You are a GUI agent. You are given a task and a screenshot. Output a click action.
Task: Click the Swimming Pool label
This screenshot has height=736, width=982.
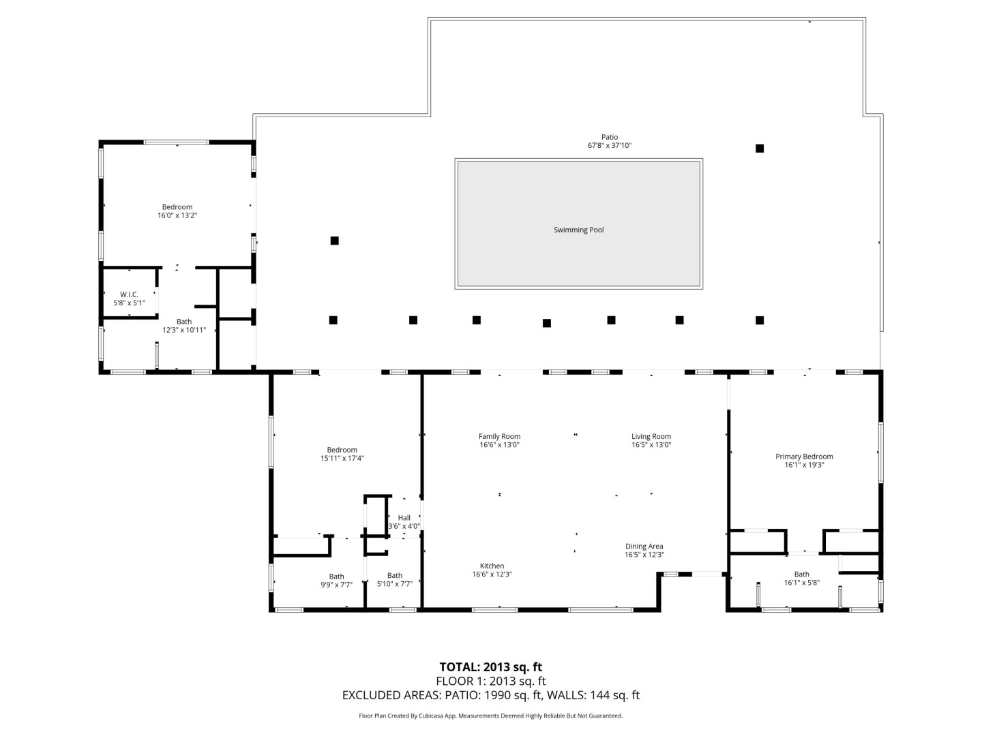point(578,230)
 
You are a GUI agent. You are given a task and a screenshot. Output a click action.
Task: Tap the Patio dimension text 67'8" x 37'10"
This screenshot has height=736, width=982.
point(610,145)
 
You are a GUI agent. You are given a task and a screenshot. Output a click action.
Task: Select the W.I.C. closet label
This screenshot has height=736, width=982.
point(129,294)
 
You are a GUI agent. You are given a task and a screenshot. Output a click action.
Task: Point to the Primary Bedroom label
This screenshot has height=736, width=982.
point(804,457)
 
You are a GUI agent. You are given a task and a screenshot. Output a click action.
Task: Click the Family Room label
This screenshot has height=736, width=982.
point(499,436)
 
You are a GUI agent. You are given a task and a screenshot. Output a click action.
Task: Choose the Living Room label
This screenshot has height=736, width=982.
point(651,436)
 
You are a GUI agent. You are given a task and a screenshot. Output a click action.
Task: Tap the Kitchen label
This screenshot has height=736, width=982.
point(492,566)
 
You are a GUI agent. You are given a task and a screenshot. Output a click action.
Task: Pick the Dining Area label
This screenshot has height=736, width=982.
point(644,546)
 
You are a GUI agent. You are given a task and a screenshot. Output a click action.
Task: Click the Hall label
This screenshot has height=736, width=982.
point(404,517)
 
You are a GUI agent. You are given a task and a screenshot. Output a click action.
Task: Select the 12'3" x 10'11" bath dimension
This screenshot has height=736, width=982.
point(184,330)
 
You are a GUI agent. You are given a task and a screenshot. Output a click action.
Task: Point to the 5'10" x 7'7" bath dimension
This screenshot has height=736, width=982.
point(395,583)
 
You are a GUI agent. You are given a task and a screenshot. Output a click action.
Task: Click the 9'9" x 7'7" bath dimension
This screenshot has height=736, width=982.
point(336,585)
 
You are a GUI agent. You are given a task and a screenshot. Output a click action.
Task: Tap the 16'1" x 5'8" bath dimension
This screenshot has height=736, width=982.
point(802,582)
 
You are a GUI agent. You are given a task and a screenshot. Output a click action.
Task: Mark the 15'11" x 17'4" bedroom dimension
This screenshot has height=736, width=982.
point(342,458)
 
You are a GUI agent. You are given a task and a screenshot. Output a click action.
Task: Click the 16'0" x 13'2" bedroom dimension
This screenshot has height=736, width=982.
point(177,215)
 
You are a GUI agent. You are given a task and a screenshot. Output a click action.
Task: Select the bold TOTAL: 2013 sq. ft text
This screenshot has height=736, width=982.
point(490,666)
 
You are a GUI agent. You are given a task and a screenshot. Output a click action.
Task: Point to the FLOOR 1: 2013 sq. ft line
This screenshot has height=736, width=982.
point(491,681)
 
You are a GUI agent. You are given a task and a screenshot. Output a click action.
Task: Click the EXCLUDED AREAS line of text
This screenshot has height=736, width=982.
point(491,695)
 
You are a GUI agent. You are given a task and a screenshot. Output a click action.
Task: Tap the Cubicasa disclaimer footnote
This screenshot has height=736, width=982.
point(490,716)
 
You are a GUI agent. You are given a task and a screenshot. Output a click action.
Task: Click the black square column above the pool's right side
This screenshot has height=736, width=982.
point(759,149)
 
